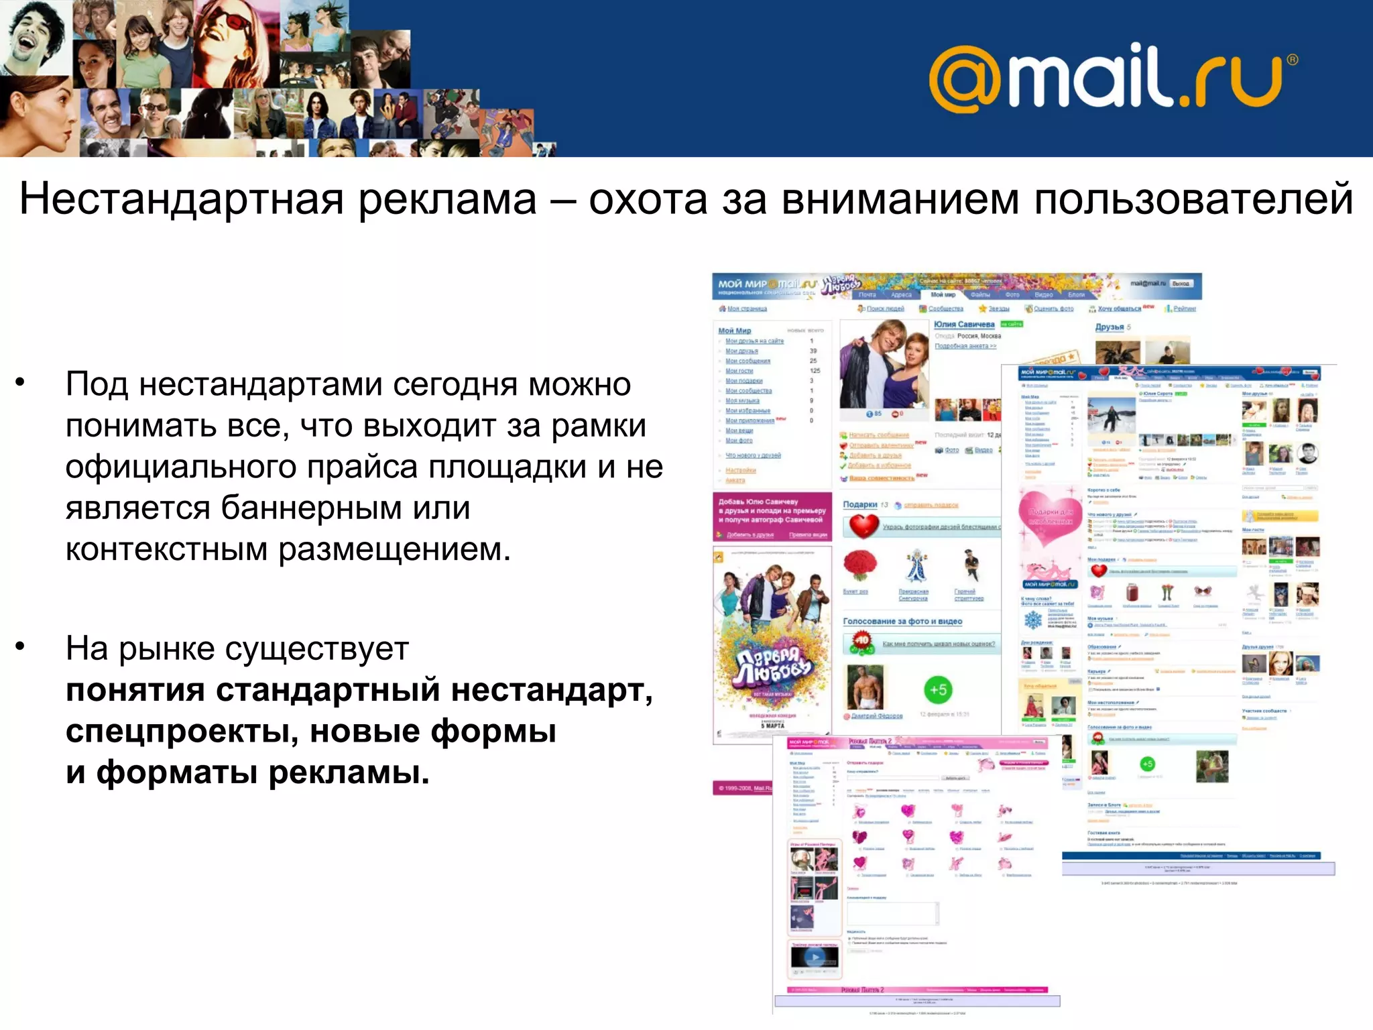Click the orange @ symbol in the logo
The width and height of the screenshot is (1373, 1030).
[965, 79]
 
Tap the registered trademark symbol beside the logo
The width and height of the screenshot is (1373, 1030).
[1292, 60]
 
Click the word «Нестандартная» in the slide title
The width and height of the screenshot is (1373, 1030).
[181, 199]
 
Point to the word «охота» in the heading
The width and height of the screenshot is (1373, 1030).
[648, 199]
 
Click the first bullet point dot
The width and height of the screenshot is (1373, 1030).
[21, 383]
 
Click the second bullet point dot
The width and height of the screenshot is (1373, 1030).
[21, 646]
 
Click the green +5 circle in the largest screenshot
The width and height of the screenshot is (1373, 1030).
[938, 689]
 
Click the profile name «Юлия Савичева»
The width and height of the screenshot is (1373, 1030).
[964, 325]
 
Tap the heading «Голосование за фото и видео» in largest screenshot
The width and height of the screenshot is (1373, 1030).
[902, 622]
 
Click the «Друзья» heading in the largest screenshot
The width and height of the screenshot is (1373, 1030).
[1110, 327]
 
